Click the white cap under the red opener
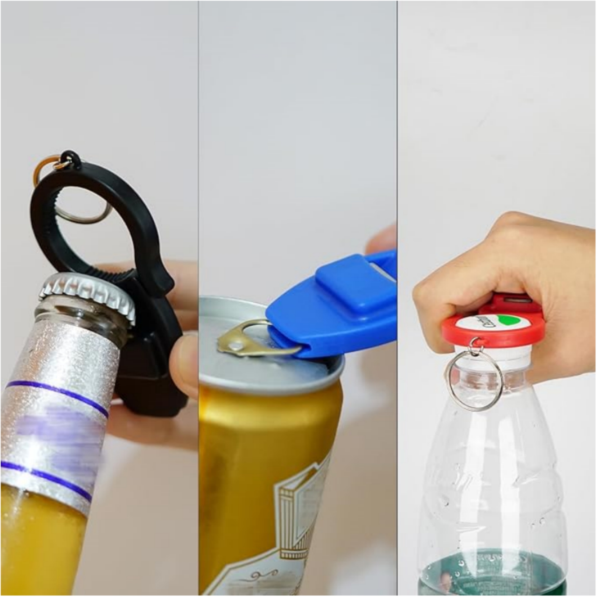[491, 354]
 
